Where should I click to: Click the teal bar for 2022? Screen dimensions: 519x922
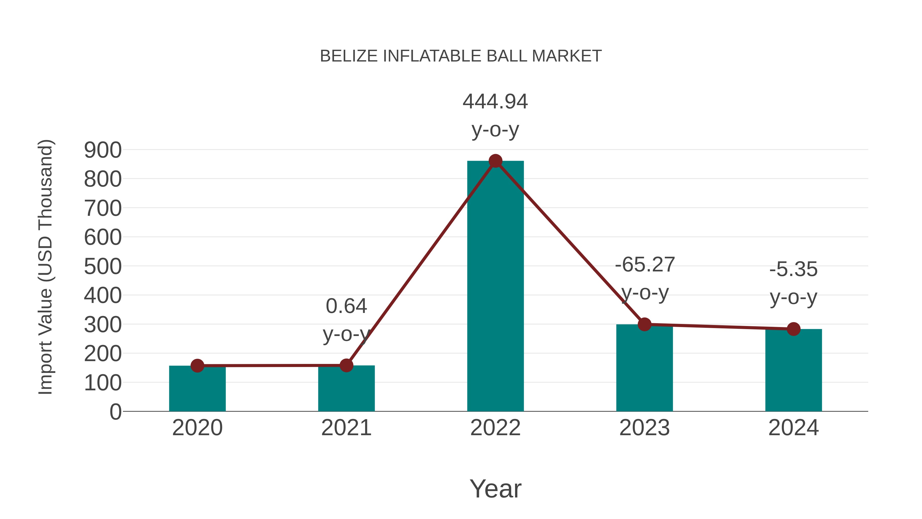[495, 287]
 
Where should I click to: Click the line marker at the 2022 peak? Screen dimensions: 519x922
[495, 161]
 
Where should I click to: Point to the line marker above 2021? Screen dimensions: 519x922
[346, 365]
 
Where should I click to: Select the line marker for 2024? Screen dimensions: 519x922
[793, 329]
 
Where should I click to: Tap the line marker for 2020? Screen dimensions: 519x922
[197, 366]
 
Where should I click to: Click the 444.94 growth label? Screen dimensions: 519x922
[495, 102]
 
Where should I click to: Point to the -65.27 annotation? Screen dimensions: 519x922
[645, 265]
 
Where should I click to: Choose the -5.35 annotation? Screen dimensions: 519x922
[793, 269]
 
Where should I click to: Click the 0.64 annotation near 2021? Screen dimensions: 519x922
[346, 307]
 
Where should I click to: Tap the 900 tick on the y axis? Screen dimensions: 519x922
[103, 150]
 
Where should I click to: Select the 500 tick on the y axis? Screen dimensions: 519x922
[103, 267]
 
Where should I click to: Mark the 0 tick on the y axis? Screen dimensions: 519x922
[115, 412]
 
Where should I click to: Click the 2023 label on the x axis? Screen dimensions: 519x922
[644, 428]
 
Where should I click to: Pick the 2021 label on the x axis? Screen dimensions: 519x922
[346, 428]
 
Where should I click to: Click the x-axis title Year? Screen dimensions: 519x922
[495, 489]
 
